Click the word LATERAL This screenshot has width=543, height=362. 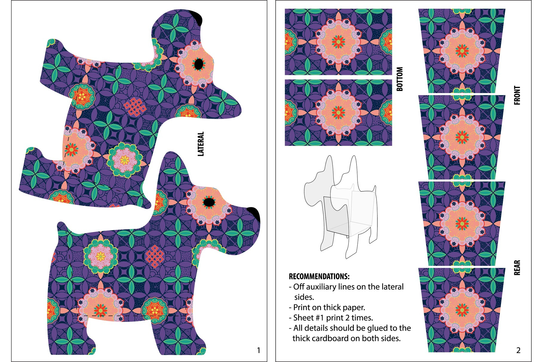pyautogui.click(x=201, y=144)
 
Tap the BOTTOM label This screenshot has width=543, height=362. pyautogui.click(x=399, y=79)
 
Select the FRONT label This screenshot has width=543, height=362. pyautogui.click(x=517, y=95)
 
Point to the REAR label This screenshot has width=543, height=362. pyautogui.click(x=517, y=267)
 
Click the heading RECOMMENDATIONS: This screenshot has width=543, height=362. pyautogui.click(x=319, y=276)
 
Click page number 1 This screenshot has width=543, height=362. pyautogui.click(x=258, y=350)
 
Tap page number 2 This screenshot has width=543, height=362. pyautogui.click(x=518, y=350)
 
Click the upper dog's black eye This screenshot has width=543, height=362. pyautogui.click(x=198, y=64)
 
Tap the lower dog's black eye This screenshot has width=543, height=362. pyautogui.click(x=209, y=202)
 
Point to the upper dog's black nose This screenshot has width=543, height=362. pyautogui.click(x=197, y=17)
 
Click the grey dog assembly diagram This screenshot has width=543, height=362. pyautogui.click(x=340, y=207)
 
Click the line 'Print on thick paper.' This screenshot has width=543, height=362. pyautogui.click(x=327, y=307)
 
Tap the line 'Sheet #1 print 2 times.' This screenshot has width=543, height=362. pyautogui.click(x=331, y=318)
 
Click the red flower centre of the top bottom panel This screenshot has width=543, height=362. pyautogui.click(x=338, y=41)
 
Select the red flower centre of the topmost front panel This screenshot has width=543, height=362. pyautogui.click(x=462, y=51)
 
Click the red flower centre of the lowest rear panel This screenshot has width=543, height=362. pyautogui.click(x=462, y=310)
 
